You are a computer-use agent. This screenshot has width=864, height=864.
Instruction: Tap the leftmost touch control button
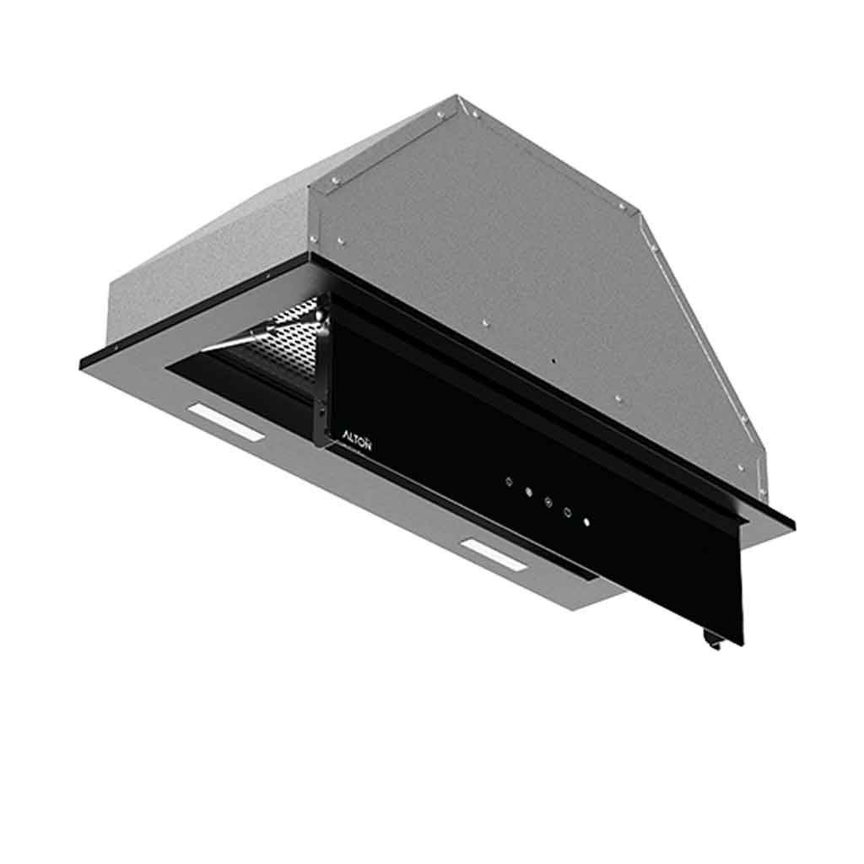coord(509,482)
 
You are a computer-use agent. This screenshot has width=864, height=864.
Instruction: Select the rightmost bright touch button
coord(587,521)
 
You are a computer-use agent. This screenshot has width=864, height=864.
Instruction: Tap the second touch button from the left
coord(528,492)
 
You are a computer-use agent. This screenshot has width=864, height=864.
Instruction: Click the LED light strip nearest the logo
coord(226,420)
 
